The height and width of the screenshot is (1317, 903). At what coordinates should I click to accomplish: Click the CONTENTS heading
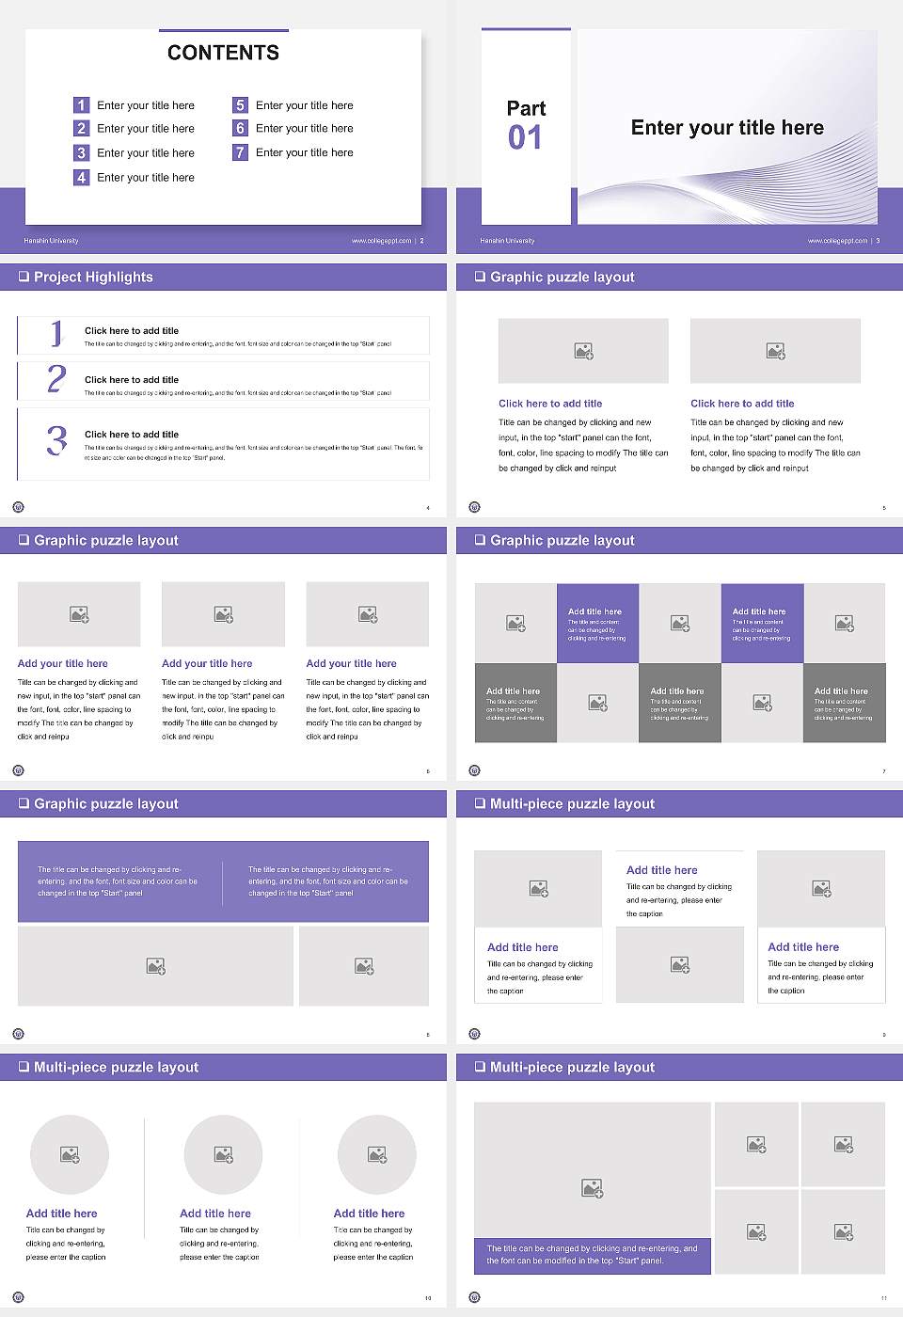[x=223, y=53]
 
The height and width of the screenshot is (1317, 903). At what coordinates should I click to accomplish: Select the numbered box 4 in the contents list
[x=81, y=177]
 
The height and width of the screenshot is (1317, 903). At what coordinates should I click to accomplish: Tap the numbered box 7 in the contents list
[x=240, y=152]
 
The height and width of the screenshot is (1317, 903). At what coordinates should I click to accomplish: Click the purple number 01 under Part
[x=525, y=138]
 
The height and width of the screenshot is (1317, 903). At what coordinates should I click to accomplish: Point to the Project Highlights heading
[x=92, y=277]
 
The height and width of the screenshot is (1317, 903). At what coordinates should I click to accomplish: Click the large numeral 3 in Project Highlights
[x=56, y=440]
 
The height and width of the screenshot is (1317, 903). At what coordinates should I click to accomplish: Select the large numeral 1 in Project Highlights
[x=56, y=333]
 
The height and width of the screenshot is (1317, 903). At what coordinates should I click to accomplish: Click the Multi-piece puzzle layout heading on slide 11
[x=572, y=1067]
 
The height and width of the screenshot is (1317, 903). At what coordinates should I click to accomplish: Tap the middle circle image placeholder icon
[x=223, y=1154]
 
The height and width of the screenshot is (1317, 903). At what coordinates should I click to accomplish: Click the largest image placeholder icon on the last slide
[x=592, y=1189]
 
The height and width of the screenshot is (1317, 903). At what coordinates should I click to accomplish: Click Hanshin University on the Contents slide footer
[x=51, y=241]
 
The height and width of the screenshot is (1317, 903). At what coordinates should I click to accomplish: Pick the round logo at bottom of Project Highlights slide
[x=18, y=507]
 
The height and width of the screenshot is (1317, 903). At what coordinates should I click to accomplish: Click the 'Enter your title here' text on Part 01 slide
[x=727, y=128]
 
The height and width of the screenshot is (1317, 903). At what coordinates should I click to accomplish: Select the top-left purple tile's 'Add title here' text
[x=594, y=611]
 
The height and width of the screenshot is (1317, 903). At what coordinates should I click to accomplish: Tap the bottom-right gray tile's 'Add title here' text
[x=841, y=690]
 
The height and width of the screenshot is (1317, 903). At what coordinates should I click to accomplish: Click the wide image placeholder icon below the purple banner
[x=156, y=966]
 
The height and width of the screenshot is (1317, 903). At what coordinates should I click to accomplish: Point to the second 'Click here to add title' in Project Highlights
[x=132, y=380]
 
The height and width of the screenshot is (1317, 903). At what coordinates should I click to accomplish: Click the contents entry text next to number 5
[x=304, y=105]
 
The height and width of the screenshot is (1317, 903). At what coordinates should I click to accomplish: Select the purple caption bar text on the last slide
[x=592, y=1255]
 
